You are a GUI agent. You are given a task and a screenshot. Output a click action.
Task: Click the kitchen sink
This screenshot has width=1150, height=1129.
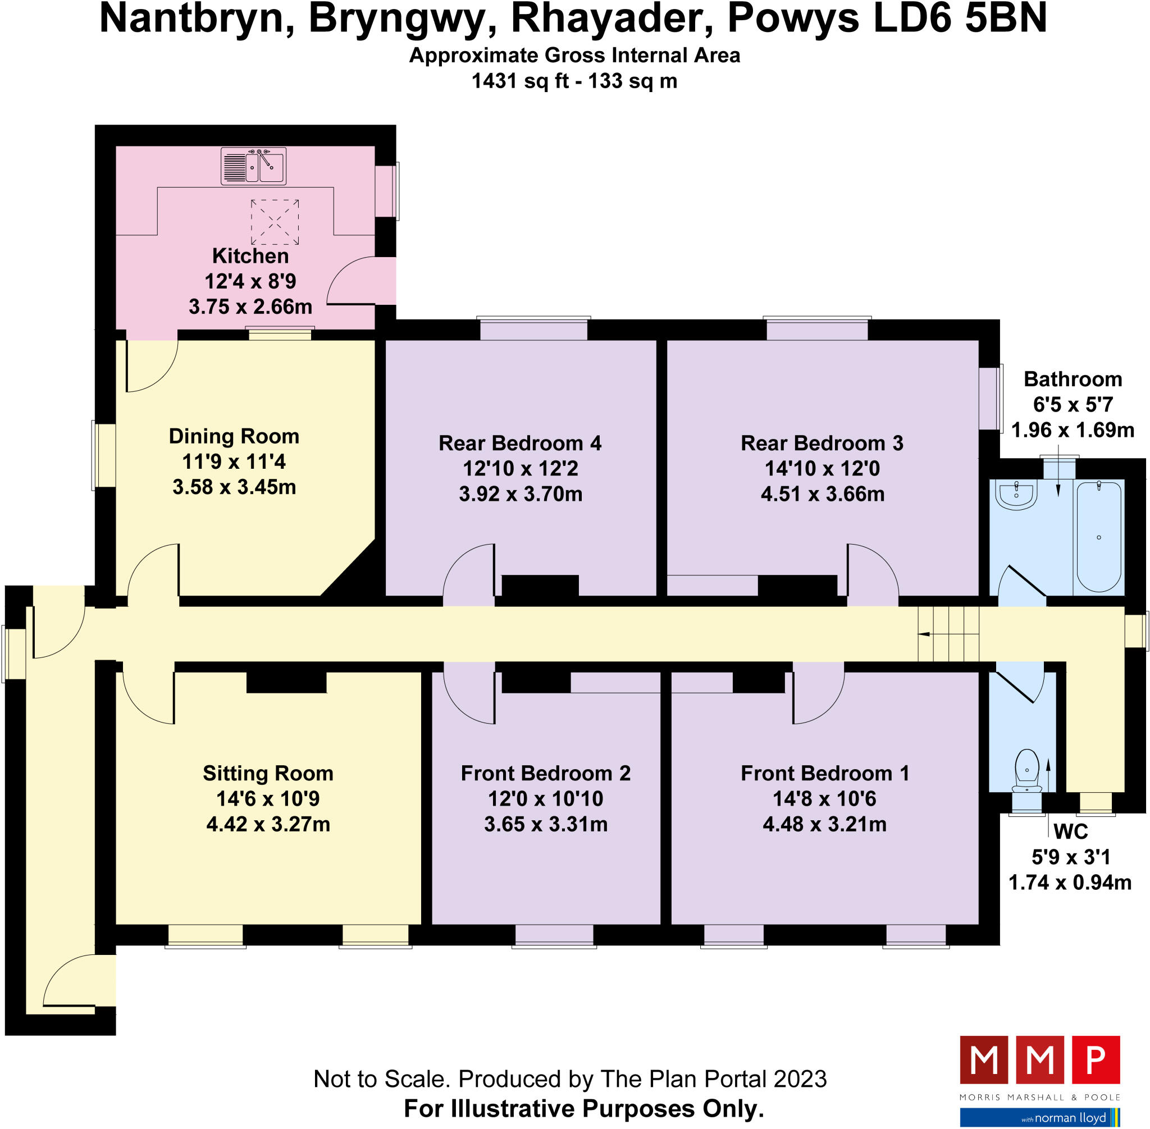(253, 166)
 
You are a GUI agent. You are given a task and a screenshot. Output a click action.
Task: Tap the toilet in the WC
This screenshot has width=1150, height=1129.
(1026, 771)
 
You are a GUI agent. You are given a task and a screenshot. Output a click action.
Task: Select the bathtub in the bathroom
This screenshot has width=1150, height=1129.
(1099, 537)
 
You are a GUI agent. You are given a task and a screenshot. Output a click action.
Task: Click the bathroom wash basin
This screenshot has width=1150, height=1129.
(1016, 495)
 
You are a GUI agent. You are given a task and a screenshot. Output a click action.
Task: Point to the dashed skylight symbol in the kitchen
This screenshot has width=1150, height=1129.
(275, 222)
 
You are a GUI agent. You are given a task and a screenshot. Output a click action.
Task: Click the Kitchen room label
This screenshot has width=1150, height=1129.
(250, 256)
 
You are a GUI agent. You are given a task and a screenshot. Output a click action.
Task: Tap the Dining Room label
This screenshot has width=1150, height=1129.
(234, 436)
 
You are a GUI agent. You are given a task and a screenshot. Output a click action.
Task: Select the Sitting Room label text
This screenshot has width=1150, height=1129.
(268, 773)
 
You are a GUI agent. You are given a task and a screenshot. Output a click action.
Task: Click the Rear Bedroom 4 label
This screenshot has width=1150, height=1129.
(520, 443)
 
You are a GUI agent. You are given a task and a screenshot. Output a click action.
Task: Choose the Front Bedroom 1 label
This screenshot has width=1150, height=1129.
(824, 773)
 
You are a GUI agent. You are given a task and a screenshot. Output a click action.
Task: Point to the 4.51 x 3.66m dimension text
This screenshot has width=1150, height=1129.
(823, 494)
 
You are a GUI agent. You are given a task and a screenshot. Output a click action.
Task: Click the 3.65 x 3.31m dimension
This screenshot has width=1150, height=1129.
(546, 824)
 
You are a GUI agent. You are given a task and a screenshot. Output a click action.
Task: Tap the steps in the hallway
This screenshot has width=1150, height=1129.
(948, 634)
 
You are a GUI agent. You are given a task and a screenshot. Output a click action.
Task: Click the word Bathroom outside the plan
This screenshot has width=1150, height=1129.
(1073, 379)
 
